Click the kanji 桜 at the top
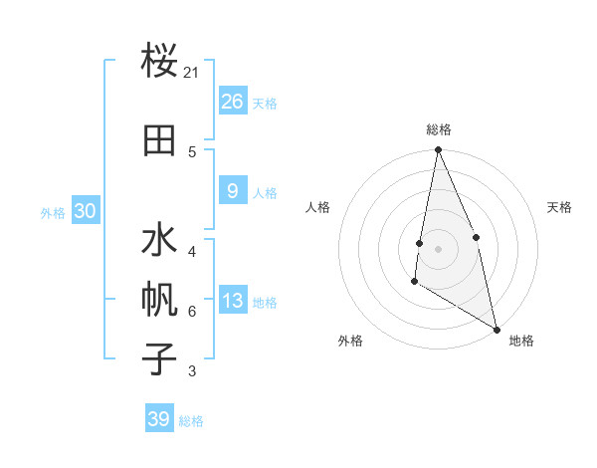159,61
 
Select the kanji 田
159,140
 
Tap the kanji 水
159,242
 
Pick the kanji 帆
159,302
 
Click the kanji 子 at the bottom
159,359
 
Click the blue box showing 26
233,102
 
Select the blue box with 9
233,192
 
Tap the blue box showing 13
233,302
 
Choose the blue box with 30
85,211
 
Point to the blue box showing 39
159,419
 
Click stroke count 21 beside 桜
191,73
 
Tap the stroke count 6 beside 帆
191,312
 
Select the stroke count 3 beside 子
191,372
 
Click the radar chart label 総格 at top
438,129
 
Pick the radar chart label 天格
559,207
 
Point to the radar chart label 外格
350,341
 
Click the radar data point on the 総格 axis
438,150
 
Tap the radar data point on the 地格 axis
497,330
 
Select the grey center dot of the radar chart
438,249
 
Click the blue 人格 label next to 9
265,193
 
